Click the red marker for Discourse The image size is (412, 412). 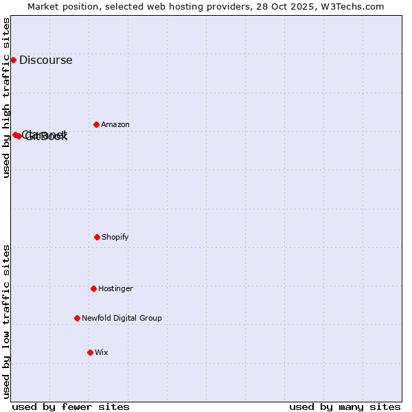tap(13, 60)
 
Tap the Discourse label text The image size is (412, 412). tap(45, 60)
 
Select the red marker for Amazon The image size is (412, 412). tap(96, 124)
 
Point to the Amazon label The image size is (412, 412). tap(115, 124)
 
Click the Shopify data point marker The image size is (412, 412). tap(97, 237)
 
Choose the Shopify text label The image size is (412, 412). tap(115, 237)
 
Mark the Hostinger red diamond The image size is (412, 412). tap(93, 288)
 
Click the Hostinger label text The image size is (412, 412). tap(115, 288)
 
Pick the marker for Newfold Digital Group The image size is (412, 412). tap(77, 318)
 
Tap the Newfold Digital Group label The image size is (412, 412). tap(122, 318)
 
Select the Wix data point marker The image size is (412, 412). tap(90, 352)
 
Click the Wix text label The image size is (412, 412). tap(102, 352)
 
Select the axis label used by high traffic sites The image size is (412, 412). tap(6, 98)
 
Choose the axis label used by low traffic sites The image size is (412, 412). tap(6, 321)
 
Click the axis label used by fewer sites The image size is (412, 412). tap(71, 407)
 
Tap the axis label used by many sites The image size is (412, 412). tap(345, 407)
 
